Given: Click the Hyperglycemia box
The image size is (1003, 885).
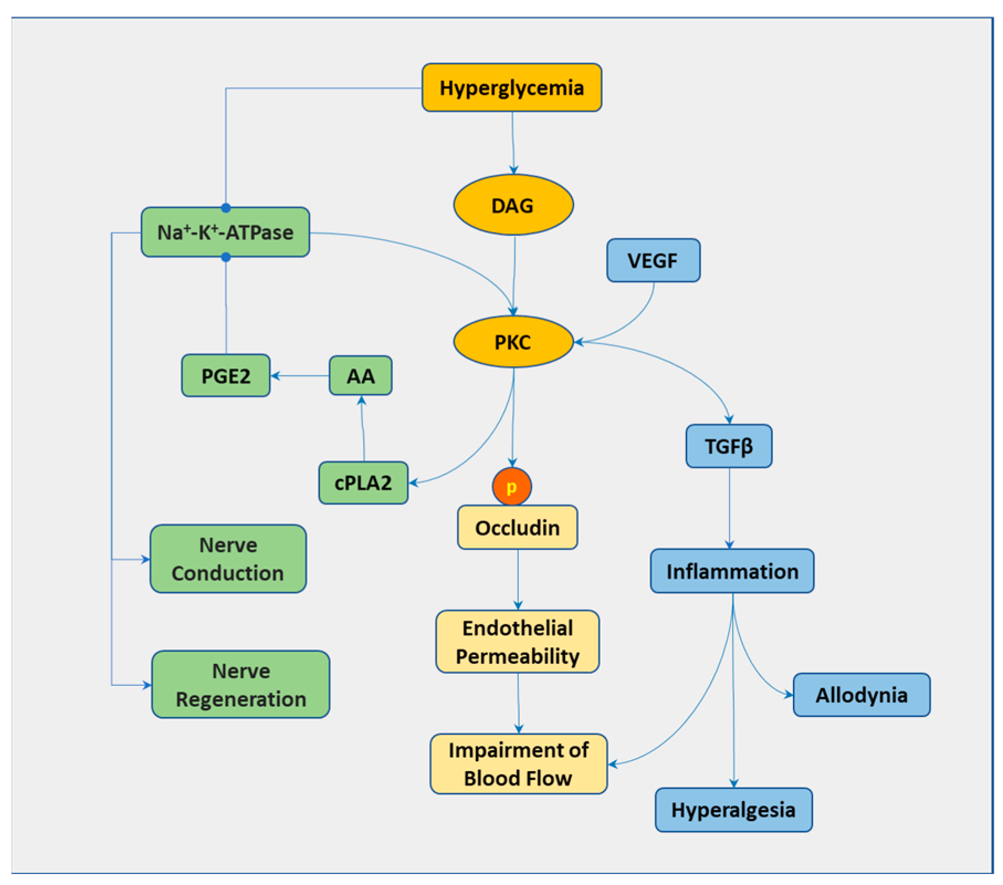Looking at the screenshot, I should point(511,87).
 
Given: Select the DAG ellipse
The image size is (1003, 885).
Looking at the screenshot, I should point(513,205).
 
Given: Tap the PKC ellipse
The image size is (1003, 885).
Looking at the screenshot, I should point(513,342).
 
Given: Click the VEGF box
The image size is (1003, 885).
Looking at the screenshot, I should point(653,260).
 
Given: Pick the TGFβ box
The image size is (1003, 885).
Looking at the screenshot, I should point(728,446).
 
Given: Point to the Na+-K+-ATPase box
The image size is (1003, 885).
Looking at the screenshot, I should point(225,232).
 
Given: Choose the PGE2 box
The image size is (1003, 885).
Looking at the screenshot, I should point(225,376).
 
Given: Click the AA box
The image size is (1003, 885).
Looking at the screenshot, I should point(360,376).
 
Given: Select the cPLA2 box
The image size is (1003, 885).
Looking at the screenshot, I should point(363,483).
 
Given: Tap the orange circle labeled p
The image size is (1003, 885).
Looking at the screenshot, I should point(512,487).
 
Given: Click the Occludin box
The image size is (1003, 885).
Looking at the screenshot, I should point(517,527).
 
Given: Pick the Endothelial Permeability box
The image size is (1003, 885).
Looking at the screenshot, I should point(517,642).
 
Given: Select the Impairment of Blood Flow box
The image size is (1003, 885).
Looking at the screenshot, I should point(518,764).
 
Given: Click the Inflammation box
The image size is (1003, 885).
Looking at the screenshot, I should point(732,571).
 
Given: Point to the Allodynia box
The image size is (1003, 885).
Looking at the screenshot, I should point(861,695).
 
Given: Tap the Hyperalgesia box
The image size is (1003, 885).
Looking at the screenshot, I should point(733,810).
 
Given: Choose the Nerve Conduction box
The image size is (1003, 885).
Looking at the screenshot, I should point(228,559).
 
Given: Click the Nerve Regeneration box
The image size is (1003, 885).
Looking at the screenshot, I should point(240,684).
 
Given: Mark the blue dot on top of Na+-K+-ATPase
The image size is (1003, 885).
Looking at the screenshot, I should point(225,208).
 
